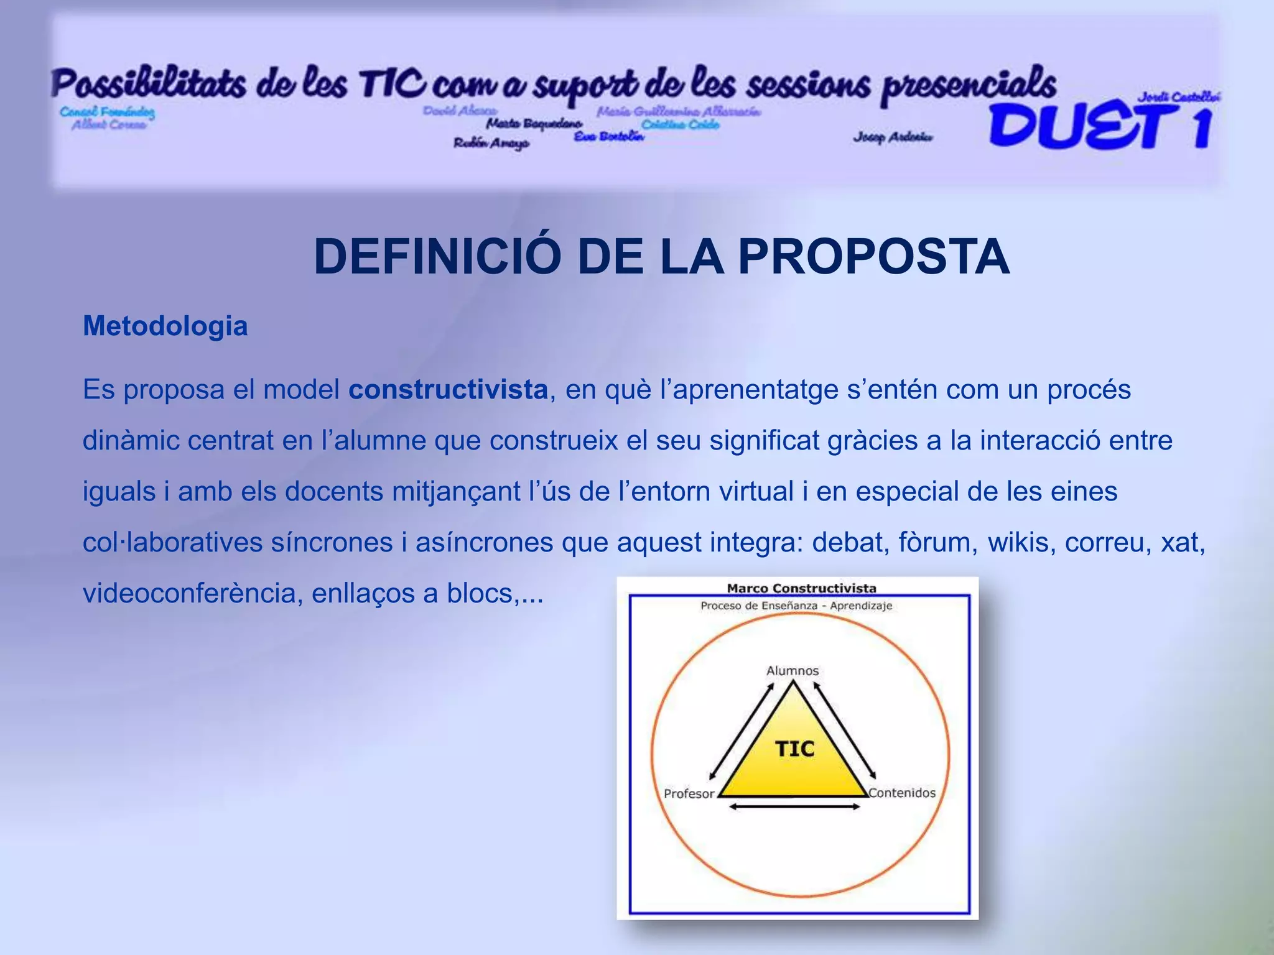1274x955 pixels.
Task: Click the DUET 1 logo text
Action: coord(1099,126)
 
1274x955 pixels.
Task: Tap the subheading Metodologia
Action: coord(165,326)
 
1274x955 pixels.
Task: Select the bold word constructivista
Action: coord(448,390)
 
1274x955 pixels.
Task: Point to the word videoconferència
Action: coord(192,594)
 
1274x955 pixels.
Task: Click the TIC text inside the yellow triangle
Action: coord(794,749)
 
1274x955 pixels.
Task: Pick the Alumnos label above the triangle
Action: coord(792,670)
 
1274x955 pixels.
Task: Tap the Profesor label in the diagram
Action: coord(689,793)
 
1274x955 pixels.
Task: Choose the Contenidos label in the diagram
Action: coord(902,793)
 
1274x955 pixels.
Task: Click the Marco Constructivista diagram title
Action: coord(801,588)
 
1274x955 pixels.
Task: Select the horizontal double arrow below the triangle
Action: coord(794,807)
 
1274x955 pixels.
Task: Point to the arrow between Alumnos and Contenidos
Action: coord(845,731)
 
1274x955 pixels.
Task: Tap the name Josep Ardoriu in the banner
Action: coord(893,137)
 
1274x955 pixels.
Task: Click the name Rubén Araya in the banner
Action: coord(491,143)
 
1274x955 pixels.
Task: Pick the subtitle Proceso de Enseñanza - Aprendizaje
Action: coord(796,606)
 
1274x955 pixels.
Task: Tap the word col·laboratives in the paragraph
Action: coord(172,543)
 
